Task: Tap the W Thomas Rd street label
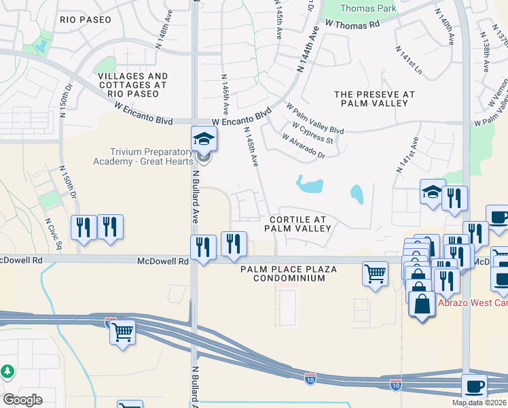(352, 24)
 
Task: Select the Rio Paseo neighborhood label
(85, 20)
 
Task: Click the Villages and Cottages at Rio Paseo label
(132, 81)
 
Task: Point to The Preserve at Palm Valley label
(371, 99)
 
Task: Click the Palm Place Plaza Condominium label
(289, 274)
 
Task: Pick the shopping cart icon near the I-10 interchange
(122, 333)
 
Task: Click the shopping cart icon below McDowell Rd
(375, 274)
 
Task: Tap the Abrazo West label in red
(471, 303)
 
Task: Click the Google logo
(22, 400)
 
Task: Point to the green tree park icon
(7, 372)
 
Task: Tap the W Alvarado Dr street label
(304, 146)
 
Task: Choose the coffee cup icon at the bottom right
(475, 386)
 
